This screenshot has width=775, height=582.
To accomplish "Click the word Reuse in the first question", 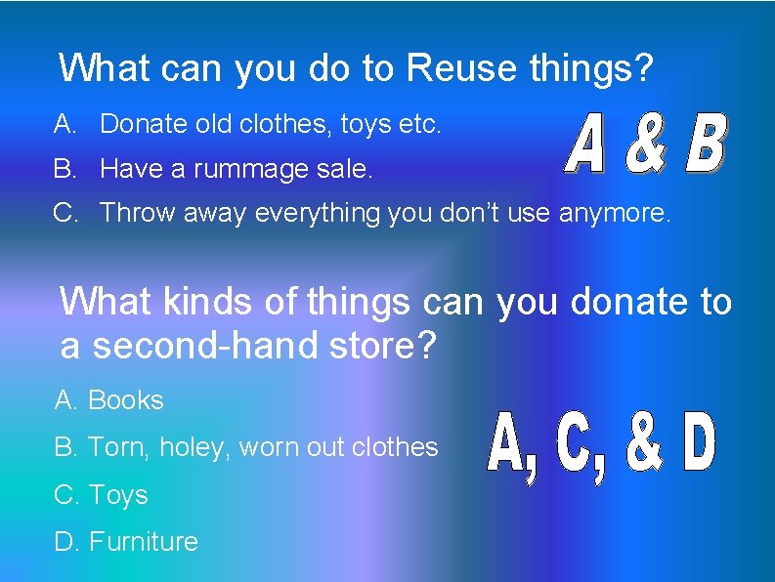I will (x=458, y=68).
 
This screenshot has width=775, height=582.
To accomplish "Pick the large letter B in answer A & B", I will (x=705, y=145).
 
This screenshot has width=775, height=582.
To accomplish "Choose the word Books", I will (x=125, y=400).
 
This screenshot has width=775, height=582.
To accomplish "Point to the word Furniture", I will (x=143, y=542).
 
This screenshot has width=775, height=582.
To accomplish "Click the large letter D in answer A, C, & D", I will (x=700, y=445).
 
